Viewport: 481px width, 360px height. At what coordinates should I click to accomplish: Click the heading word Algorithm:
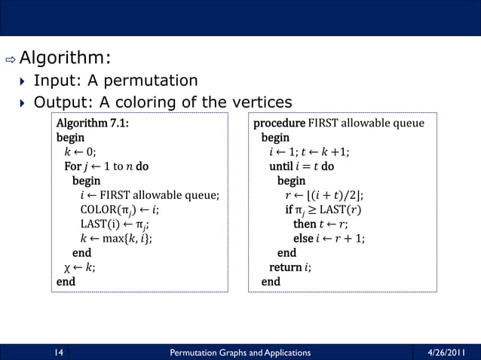click(x=66, y=58)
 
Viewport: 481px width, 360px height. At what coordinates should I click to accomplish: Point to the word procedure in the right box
click(x=279, y=124)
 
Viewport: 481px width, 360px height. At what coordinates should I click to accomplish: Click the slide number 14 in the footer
click(x=58, y=352)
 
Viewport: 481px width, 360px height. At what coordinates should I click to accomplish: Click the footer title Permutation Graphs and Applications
click(x=240, y=352)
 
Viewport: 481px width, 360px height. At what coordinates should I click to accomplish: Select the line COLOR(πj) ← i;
click(x=119, y=209)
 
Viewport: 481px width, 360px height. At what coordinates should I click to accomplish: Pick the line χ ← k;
click(x=79, y=267)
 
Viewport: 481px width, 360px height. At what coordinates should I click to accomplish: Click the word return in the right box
click(x=286, y=267)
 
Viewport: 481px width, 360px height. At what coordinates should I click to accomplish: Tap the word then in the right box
click(x=305, y=224)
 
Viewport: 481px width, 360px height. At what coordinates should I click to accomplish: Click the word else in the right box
click(x=303, y=238)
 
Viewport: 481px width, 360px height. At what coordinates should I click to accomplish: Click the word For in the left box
click(x=72, y=166)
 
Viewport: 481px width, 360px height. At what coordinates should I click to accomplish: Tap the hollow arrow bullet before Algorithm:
click(x=11, y=59)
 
